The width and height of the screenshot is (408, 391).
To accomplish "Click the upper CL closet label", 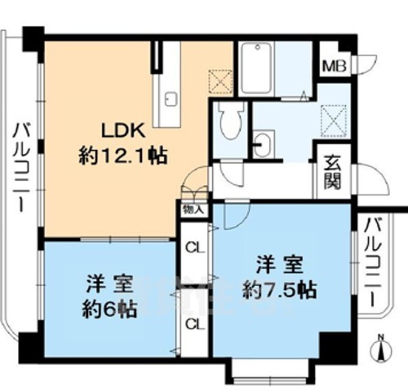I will pyautogui.click(x=194, y=248).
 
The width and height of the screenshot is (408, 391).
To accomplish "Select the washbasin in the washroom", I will pyautogui.click(x=264, y=147).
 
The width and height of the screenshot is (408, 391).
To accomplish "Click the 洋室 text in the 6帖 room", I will pyautogui.click(x=109, y=284).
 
